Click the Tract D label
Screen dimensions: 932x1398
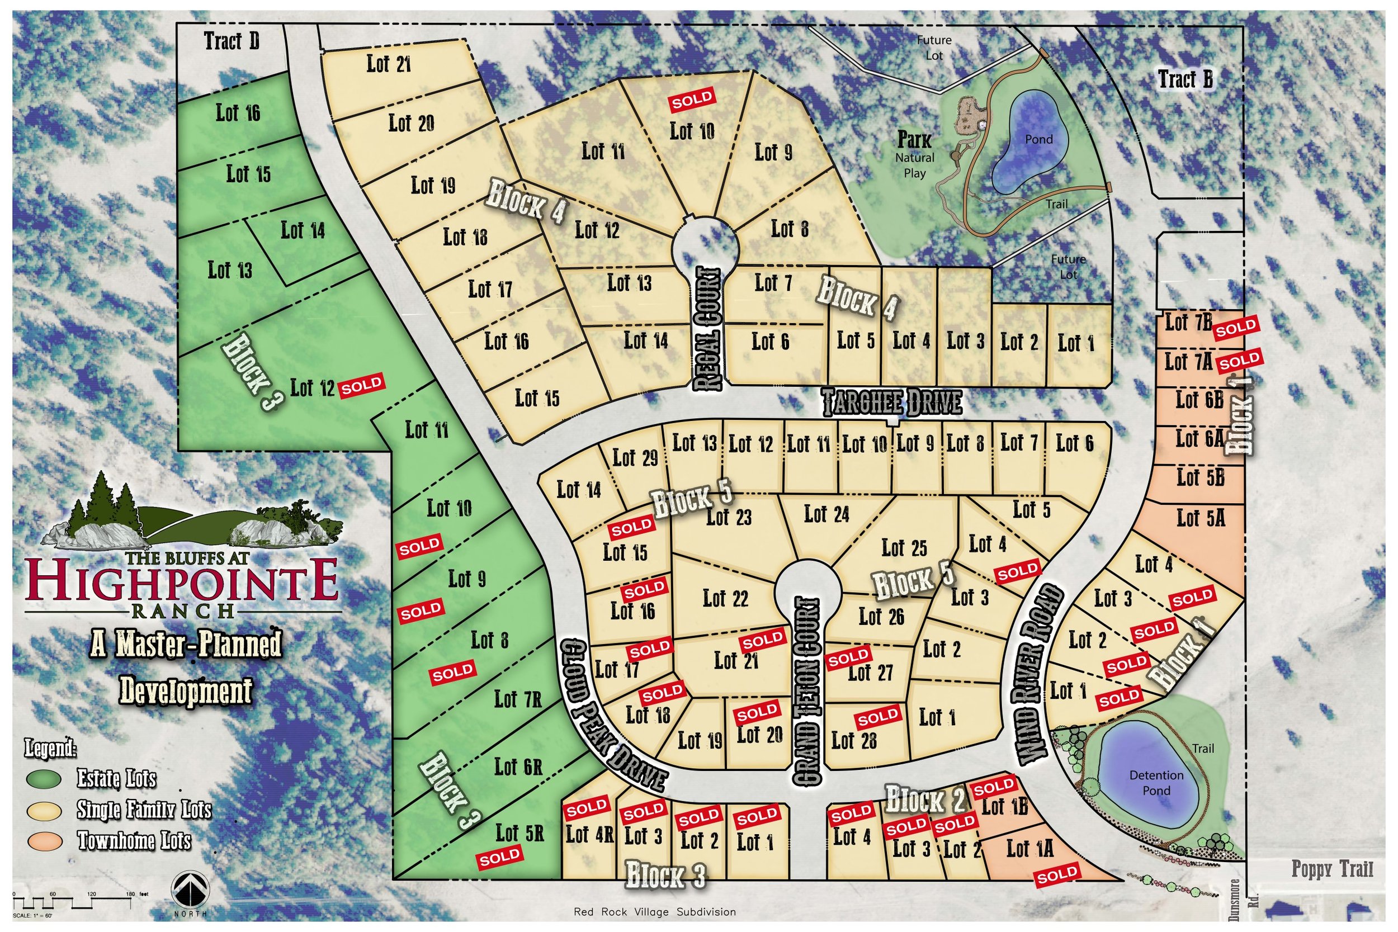[x=232, y=41]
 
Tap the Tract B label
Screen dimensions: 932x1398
[x=1184, y=79]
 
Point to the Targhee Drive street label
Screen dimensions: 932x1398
[x=892, y=403]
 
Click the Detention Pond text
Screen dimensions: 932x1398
[x=1156, y=782]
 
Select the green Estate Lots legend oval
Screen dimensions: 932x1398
[x=44, y=779]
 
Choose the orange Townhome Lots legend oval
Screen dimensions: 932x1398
[x=44, y=840]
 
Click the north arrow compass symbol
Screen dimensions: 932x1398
[x=190, y=892]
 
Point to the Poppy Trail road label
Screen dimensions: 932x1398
[x=1332, y=869]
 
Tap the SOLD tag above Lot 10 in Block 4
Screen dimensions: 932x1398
[x=692, y=100]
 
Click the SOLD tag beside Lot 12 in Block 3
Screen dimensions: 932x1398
[x=361, y=385]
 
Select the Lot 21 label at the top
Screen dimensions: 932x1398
[x=389, y=64]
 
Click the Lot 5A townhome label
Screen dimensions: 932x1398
[x=1201, y=518]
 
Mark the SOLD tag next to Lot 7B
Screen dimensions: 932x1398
[x=1236, y=328]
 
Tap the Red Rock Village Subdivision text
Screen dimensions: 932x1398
[x=654, y=912]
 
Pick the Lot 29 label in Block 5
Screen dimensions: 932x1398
[x=635, y=458]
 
